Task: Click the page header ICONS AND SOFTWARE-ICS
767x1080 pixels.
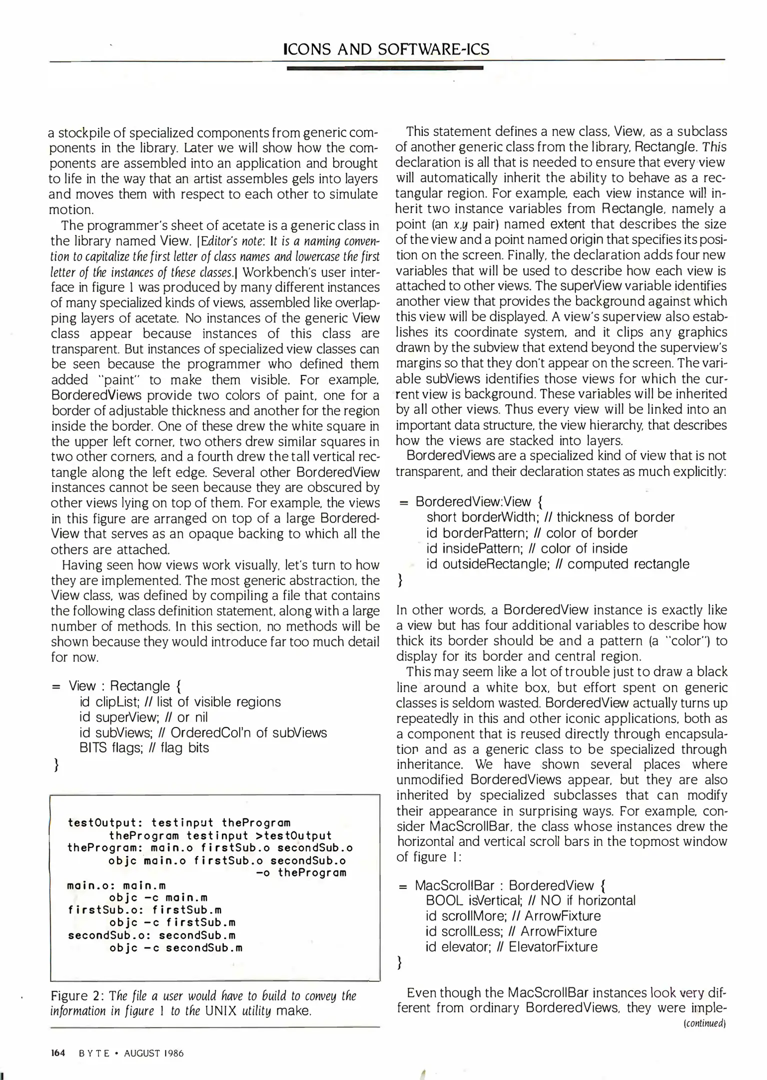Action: tap(386, 49)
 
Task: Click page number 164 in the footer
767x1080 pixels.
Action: tap(58, 1053)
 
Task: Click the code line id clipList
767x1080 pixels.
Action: tap(180, 701)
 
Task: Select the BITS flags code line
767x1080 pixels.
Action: tap(144, 747)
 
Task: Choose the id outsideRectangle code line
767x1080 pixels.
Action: tap(557, 564)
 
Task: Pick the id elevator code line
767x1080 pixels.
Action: tap(511, 946)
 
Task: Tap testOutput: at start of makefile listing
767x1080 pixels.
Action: tap(105, 822)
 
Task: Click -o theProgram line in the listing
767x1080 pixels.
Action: tap(301, 872)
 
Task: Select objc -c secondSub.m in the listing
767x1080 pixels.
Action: tap(176, 947)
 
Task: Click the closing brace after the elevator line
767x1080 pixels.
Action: tap(399, 962)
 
